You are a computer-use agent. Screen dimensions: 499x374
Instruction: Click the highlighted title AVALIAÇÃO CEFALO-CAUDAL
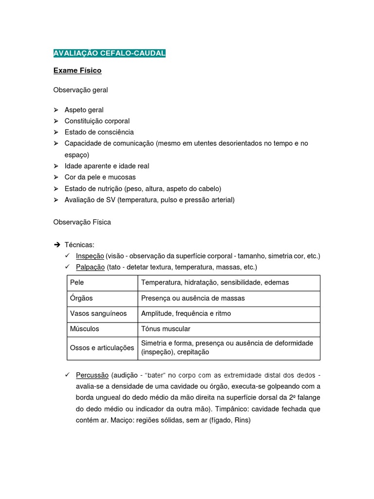109,53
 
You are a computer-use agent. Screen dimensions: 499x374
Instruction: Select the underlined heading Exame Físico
77,71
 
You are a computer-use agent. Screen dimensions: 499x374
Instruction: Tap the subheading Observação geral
80,90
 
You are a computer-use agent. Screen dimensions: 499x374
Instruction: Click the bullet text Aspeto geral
84,110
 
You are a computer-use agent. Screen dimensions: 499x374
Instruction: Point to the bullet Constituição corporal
97,121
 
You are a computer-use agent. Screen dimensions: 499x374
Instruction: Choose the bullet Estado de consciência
99,132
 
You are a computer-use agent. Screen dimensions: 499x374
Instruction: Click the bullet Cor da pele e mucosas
100,177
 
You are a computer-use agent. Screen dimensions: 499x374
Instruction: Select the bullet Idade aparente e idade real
107,166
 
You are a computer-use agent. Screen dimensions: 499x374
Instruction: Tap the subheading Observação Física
82,222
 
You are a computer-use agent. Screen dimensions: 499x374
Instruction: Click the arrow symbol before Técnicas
56,245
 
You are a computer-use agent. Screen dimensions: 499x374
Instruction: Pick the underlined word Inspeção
90,256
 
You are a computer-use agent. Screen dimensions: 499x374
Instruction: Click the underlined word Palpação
90,267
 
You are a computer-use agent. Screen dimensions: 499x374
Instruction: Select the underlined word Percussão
92,375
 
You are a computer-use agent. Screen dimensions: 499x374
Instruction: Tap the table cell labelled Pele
77,283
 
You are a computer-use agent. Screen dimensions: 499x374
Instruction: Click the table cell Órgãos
81,298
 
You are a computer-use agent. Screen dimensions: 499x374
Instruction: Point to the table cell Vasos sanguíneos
98,313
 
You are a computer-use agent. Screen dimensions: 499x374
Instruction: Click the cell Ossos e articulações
102,347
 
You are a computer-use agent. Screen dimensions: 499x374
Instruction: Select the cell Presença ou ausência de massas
193,298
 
